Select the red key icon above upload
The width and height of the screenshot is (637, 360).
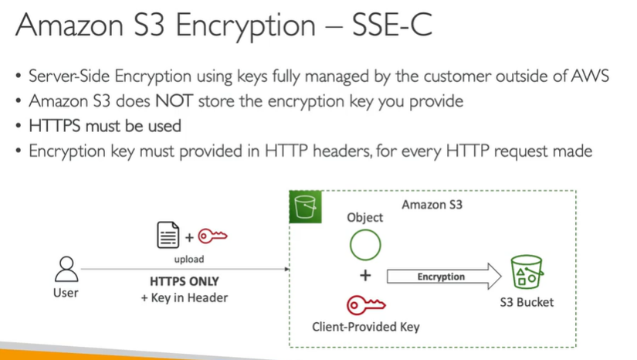[212, 236]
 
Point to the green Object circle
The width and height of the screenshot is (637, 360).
[365, 246]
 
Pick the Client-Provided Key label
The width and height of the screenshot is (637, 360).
[365, 326]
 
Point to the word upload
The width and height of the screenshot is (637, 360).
[188, 260]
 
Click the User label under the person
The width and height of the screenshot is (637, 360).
[66, 294]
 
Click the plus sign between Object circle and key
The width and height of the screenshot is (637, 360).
[365, 276]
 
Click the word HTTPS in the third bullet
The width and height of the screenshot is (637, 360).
[56, 125]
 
